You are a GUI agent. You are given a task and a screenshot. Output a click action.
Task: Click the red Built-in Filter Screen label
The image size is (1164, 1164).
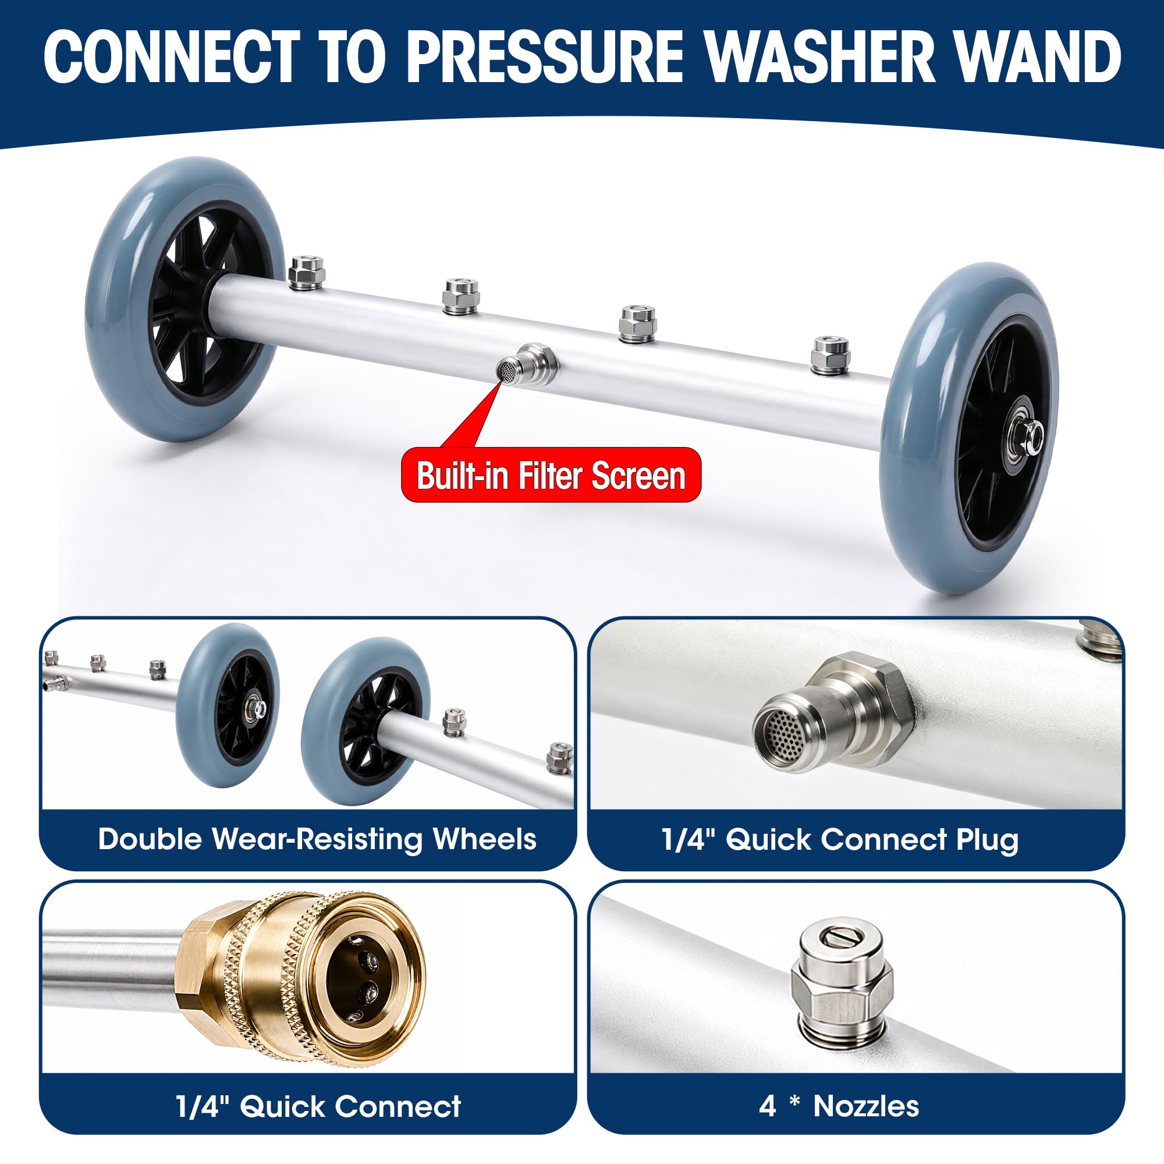(x=551, y=475)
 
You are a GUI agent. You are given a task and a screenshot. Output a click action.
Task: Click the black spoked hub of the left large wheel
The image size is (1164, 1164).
(x=210, y=303)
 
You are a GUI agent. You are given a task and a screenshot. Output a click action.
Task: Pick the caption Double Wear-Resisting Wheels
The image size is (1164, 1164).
(x=317, y=839)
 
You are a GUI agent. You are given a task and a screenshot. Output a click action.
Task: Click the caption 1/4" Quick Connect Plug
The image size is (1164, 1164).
(x=840, y=839)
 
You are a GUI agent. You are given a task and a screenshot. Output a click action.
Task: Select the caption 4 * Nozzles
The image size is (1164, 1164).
(x=839, y=1106)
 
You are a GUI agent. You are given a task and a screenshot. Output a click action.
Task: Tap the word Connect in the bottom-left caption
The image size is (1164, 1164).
(x=398, y=1106)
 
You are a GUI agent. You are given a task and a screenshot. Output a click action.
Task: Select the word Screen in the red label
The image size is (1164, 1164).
(x=638, y=475)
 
